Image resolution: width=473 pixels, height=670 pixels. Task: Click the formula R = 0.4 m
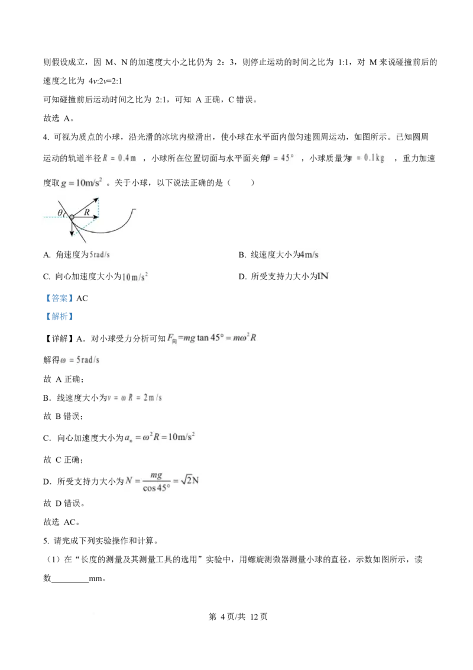point(119,158)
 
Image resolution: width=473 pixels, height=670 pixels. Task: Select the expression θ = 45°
point(280,158)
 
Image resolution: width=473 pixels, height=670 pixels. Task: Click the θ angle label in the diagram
point(60,212)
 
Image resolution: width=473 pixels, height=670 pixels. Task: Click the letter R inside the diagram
point(87,211)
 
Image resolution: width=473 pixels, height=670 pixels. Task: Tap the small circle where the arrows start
point(72,218)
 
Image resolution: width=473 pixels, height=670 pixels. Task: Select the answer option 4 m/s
point(309,255)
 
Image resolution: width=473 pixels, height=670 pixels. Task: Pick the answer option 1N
point(323,276)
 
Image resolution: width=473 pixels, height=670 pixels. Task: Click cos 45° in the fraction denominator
point(156,489)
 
